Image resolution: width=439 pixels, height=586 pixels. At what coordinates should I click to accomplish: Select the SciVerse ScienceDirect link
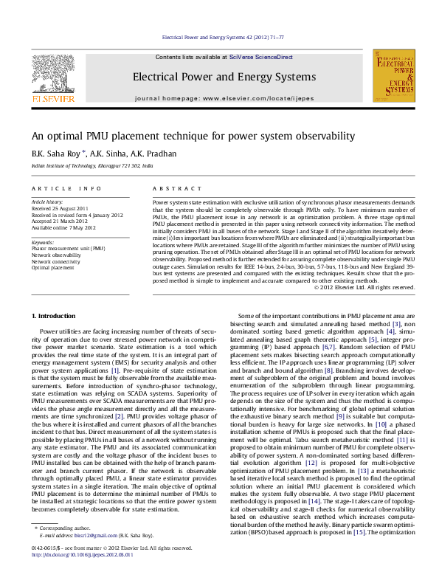[x=260, y=57]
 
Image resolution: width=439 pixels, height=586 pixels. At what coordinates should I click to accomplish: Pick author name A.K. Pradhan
[x=154, y=154]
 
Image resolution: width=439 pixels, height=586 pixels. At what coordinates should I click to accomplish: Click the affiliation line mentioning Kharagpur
[x=92, y=167]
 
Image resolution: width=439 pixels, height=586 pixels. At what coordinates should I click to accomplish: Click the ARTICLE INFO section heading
[x=61, y=189]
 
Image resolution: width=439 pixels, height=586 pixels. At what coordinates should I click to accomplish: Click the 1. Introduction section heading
[x=56, y=316]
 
